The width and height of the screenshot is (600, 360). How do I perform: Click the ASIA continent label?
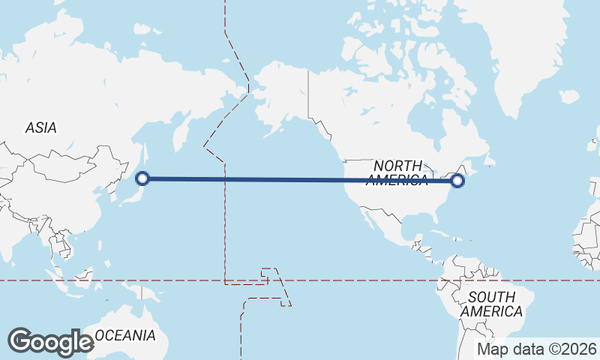coord(40,128)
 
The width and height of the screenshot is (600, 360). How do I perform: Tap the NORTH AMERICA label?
coord(397,172)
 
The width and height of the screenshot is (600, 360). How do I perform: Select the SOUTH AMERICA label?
coord(492,304)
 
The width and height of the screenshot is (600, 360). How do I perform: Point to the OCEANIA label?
coord(125,335)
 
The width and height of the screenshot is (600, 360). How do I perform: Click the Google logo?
coord(50,341)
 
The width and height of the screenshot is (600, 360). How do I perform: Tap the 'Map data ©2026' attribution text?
coord(537,349)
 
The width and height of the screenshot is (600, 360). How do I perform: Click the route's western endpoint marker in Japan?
coord(143,178)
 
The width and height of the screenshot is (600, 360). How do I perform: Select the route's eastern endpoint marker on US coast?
coord(458,180)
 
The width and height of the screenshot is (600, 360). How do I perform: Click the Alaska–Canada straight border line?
coord(308,94)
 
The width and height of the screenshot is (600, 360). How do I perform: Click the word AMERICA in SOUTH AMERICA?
coord(492,311)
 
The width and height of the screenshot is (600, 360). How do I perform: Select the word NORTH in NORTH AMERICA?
coord(397,165)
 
